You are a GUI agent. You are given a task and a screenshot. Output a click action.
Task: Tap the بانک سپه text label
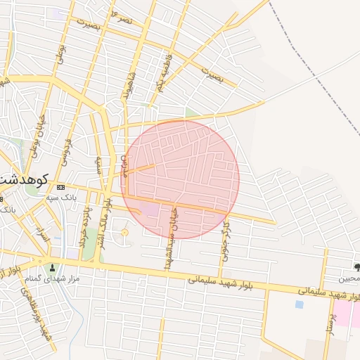click(x=61, y=198)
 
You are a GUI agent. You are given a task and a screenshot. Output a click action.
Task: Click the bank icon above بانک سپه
click(x=60, y=187)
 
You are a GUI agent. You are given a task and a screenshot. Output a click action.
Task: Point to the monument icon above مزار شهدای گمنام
click(x=51, y=267)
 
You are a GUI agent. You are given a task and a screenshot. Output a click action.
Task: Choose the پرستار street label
click(x=328, y=320)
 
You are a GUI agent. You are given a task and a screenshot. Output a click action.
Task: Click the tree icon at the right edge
click(x=356, y=267)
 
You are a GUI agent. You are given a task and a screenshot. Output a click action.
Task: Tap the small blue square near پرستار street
click(x=300, y=304)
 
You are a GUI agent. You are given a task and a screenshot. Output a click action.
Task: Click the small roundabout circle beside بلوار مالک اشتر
click(x=125, y=232)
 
